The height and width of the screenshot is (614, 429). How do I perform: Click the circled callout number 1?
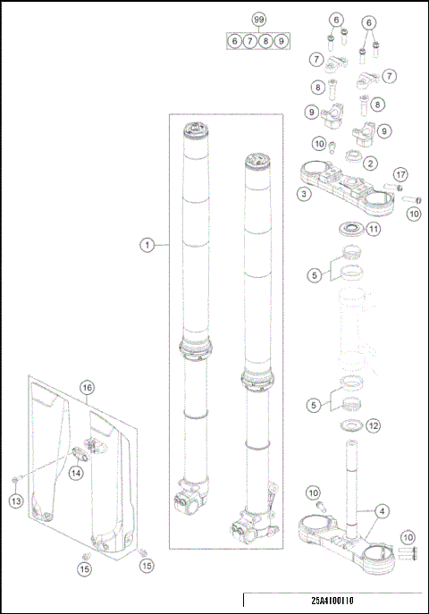pos(146,243)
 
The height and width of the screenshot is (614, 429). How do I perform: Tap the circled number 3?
pos(305,193)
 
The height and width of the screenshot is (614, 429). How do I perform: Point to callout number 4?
pos(382,511)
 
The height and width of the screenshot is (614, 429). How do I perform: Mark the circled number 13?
pos(16,503)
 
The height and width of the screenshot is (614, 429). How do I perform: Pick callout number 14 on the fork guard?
pos(76,472)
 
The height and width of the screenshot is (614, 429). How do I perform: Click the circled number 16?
pos(87,388)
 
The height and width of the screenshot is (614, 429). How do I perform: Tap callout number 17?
pos(400,173)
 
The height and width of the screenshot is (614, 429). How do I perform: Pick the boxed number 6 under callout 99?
pos(234,41)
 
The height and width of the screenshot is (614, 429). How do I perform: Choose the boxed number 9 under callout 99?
pos(282,41)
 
